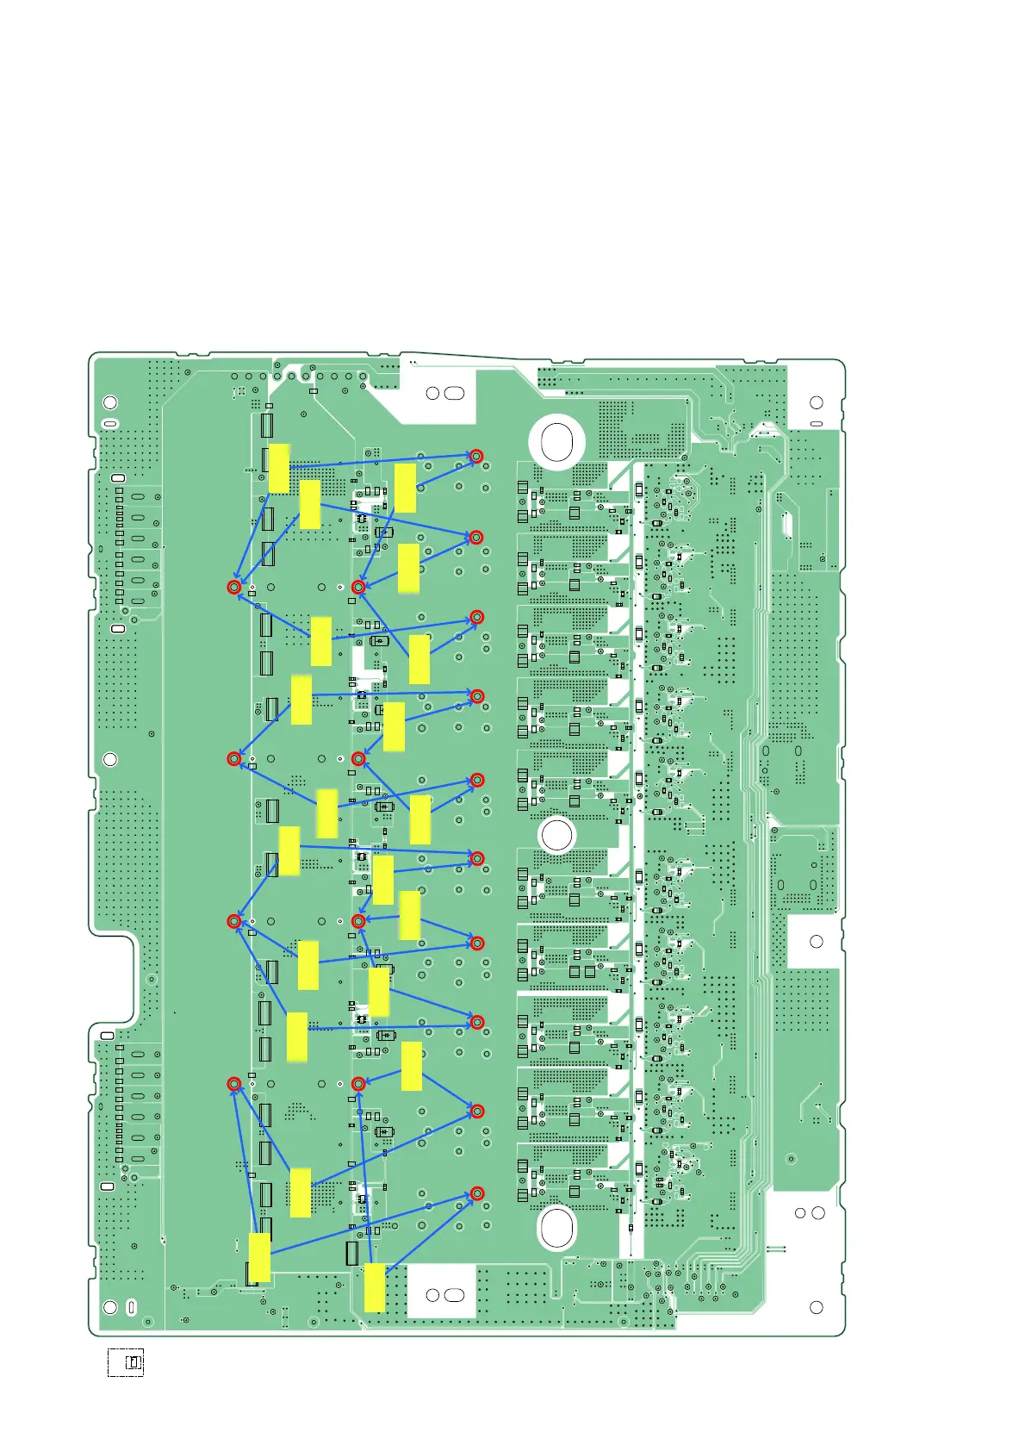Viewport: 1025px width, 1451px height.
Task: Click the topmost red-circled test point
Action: coord(475,456)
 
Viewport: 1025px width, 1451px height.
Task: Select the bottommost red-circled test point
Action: coord(476,1193)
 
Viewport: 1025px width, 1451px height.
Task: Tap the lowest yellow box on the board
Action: coord(375,1287)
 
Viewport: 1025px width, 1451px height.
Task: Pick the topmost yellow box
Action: coord(278,469)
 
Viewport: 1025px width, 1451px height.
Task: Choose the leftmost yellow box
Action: coord(259,1257)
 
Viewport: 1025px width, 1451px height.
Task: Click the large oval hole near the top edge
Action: coord(556,442)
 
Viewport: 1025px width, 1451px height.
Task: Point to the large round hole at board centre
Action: coord(556,835)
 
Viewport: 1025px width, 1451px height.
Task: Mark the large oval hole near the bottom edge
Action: coord(556,1226)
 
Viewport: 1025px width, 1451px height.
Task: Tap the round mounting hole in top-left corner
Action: coord(110,402)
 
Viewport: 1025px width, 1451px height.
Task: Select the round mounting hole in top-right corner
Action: coord(817,402)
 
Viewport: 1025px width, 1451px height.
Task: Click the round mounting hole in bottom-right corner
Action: coord(817,1307)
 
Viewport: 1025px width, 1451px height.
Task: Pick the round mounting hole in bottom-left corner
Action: coord(110,1307)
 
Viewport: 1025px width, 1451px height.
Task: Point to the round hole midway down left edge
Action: coord(109,759)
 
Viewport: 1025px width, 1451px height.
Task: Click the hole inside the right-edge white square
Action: coord(817,941)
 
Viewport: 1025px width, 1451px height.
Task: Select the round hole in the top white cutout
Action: coord(433,393)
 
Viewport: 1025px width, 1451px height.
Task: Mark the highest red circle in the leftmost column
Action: coord(233,587)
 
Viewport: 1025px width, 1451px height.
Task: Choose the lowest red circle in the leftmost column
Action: coord(233,1083)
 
